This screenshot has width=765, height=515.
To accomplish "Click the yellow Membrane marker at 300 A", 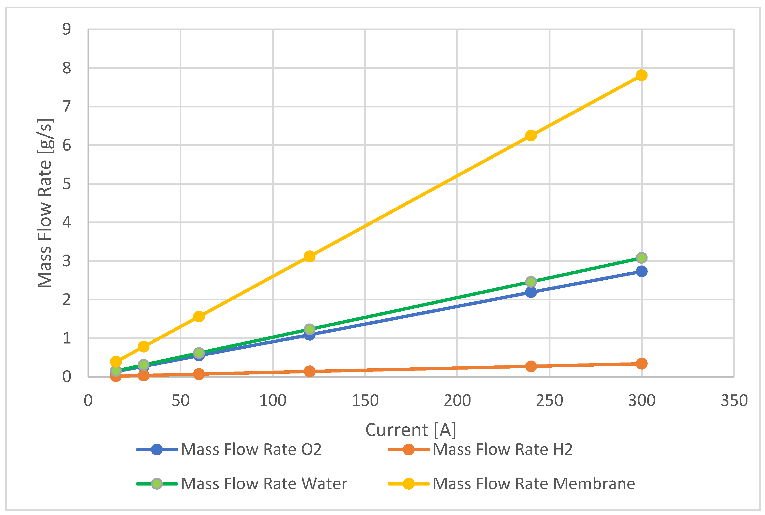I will (641, 75).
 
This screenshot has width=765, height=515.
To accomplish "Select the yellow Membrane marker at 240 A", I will (531, 135).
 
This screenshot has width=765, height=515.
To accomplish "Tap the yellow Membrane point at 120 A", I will (309, 256).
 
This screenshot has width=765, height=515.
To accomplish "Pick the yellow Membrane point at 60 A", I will (198, 317).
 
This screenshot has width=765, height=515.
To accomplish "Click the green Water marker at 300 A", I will (641, 257).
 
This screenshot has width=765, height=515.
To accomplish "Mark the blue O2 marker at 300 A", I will (641, 271).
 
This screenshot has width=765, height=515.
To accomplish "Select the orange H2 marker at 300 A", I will (641, 363).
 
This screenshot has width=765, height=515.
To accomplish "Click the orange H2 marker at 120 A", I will (309, 372).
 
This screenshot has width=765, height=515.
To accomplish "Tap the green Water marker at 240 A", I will (531, 281).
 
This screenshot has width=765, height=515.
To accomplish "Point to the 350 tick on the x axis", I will (734, 401).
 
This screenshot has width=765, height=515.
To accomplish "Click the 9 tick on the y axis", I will (67, 29).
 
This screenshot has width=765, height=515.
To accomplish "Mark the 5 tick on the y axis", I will (67, 184).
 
